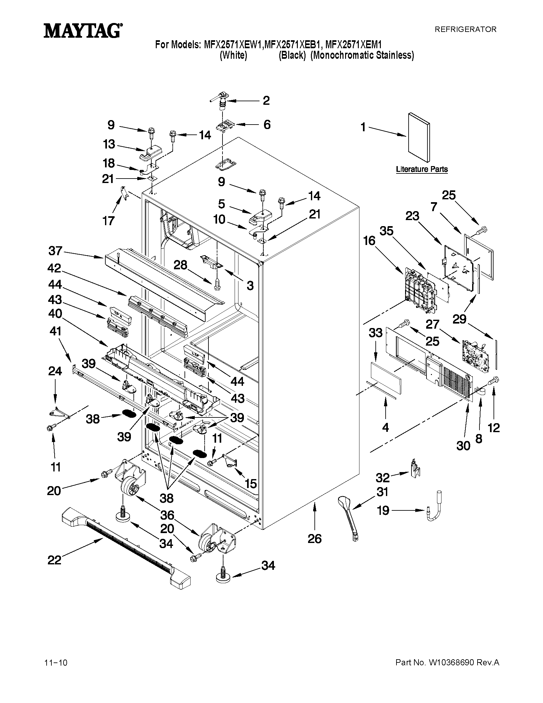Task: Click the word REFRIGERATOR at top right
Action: tap(465, 29)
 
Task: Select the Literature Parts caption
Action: tap(421, 169)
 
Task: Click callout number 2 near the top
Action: tap(266, 100)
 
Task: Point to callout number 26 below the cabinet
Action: tap(314, 539)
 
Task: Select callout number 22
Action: tap(54, 560)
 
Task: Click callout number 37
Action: tap(55, 251)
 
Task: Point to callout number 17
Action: tap(109, 221)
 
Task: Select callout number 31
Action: tap(382, 492)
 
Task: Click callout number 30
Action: tap(463, 446)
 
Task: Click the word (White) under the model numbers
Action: tap(233, 55)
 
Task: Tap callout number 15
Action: tap(251, 484)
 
